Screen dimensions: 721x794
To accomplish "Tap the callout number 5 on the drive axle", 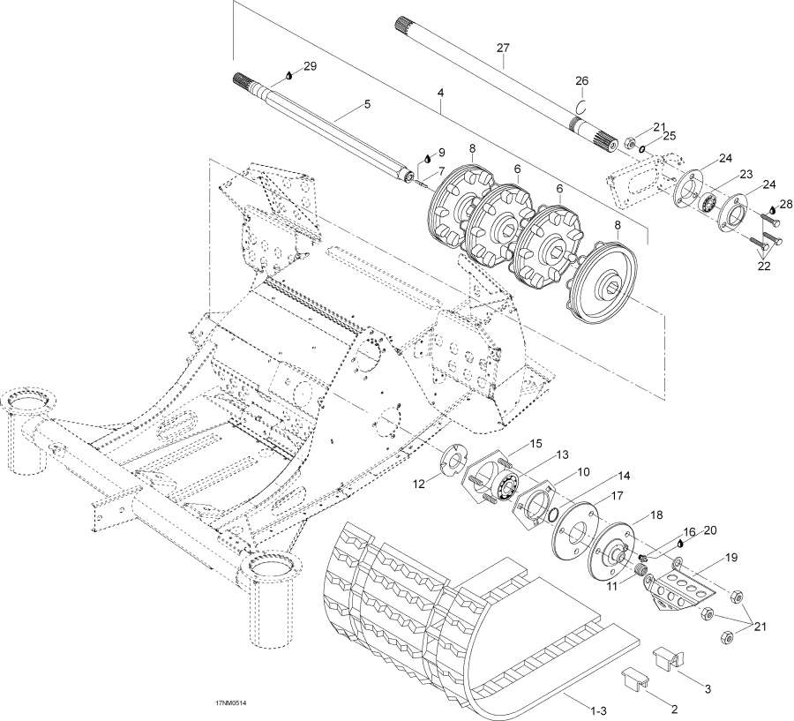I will (x=366, y=105).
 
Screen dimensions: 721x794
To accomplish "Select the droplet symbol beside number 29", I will (x=288, y=75).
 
